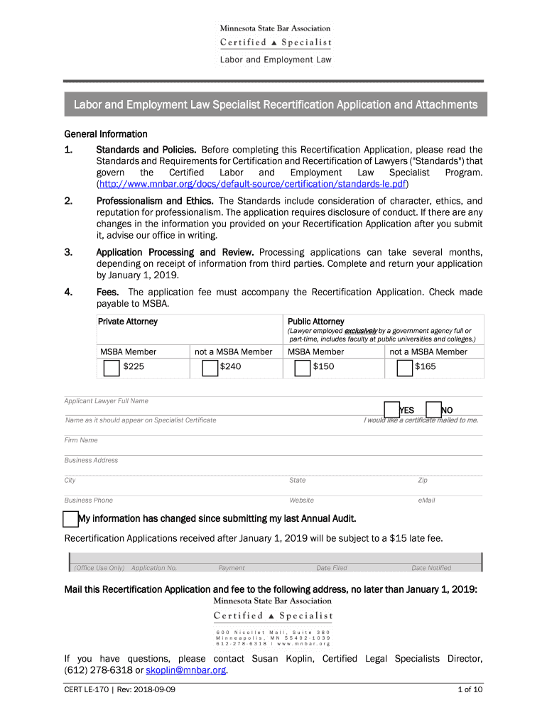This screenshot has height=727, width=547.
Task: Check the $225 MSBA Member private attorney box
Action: [112, 367]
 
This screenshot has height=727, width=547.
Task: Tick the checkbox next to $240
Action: [210, 367]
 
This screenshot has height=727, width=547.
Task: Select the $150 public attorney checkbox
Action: [303, 367]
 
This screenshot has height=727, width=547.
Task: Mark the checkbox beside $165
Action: [404, 367]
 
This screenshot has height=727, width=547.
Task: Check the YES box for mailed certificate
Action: [391, 410]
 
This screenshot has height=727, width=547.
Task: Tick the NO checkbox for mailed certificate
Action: [433, 410]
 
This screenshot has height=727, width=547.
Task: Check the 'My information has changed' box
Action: [70, 518]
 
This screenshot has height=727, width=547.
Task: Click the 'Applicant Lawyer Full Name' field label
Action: [107, 401]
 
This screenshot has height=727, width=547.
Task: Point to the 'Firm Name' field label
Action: [81, 440]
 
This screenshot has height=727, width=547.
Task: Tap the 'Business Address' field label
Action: [91, 460]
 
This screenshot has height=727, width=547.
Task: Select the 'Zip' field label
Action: [423, 481]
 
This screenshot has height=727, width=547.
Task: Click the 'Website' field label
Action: [301, 501]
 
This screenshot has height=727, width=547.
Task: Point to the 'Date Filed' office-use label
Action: [332, 568]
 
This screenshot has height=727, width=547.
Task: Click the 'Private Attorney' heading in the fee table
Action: [128, 322]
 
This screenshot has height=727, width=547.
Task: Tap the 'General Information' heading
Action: [106, 133]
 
